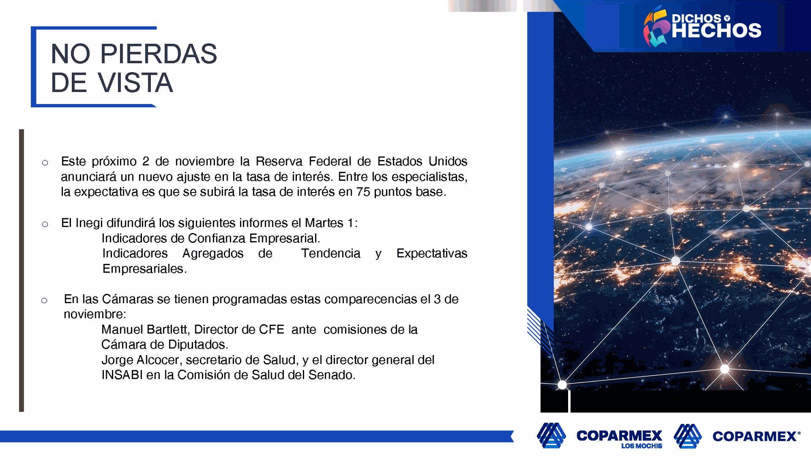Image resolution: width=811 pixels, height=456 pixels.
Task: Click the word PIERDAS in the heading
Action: click(x=158, y=54)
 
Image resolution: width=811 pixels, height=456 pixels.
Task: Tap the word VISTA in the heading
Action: click(x=136, y=82)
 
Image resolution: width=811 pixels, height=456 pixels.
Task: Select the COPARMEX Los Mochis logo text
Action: click(x=619, y=438)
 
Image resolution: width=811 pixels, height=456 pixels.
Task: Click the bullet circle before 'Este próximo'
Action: click(x=45, y=163)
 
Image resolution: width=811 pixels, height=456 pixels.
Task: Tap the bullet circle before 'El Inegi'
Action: click(x=45, y=224)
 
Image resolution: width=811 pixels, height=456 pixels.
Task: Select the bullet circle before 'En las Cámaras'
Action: click(x=44, y=301)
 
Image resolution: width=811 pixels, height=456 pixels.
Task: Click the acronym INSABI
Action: click(x=122, y=375)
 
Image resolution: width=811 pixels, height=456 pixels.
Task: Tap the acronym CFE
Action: click(x=272, y=329)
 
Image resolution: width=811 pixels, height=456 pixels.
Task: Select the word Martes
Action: click(x=324, y=223)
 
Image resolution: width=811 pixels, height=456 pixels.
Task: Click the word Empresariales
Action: click(x=144, y=269)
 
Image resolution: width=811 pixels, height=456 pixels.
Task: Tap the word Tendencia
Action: click(x=331, y=253)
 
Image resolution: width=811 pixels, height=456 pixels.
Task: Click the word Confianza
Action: click(x=217, y=238)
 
